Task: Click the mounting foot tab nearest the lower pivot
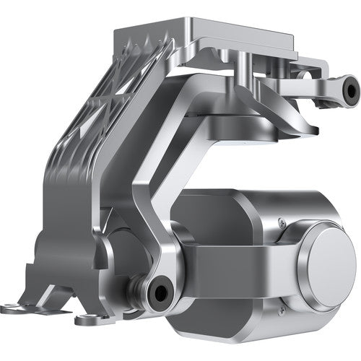(x=87, y=318)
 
